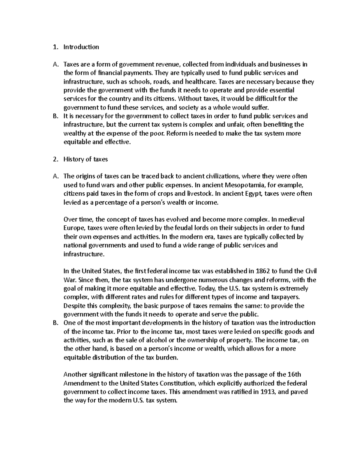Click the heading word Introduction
tap(81, 47)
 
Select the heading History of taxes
tap(85, 159)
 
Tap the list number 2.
tap(55, 159)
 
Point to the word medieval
tap(291, 219)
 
